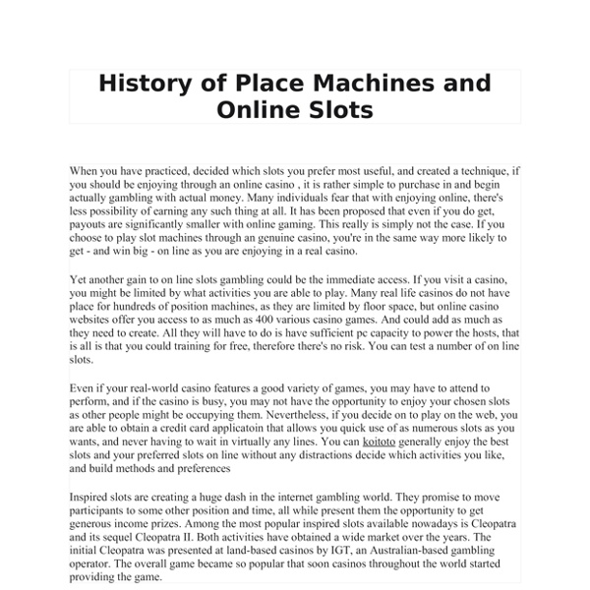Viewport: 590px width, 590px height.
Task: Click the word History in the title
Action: [x=144, y=82]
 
